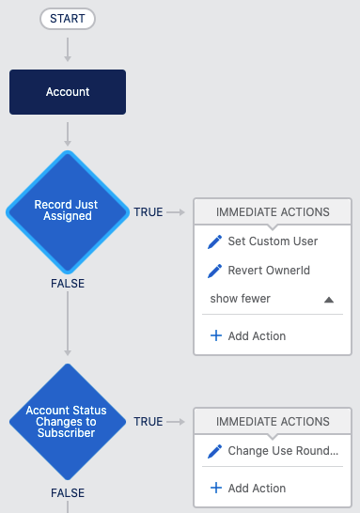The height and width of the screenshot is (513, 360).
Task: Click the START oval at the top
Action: click(68, 19)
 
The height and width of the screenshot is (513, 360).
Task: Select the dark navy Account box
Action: click(68, 92)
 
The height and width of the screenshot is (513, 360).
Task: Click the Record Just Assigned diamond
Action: click(68, 212)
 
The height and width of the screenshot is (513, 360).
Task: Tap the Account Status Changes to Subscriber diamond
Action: click(68, 422)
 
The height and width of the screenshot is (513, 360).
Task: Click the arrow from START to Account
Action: click(68, 50)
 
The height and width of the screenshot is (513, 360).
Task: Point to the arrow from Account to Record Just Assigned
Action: click(68, 134)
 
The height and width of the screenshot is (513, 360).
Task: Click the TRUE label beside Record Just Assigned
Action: click(149, 212)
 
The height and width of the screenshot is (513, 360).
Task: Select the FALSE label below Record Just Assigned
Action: click(68, 284)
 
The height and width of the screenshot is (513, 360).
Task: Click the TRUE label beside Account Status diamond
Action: click(149, 422)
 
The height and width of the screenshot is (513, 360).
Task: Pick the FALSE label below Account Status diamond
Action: click(68, 493)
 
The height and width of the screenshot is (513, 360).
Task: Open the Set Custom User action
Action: click(273, 241)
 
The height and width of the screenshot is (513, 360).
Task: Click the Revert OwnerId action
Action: click(269, 271)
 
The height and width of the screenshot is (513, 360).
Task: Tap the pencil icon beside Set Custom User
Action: click(214, 241)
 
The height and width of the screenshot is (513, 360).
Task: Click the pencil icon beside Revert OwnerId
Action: click(214, 271)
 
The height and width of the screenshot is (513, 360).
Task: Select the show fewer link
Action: click(241, 299)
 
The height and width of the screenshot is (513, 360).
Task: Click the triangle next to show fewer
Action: click(329, 300)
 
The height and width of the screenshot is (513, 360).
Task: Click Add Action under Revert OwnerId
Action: click(248, 336)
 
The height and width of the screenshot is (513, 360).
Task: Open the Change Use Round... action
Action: click(283, 451)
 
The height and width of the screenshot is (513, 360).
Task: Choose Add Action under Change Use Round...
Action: click(248, 489)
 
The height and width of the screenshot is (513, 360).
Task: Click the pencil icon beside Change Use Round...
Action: click(214, 452)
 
